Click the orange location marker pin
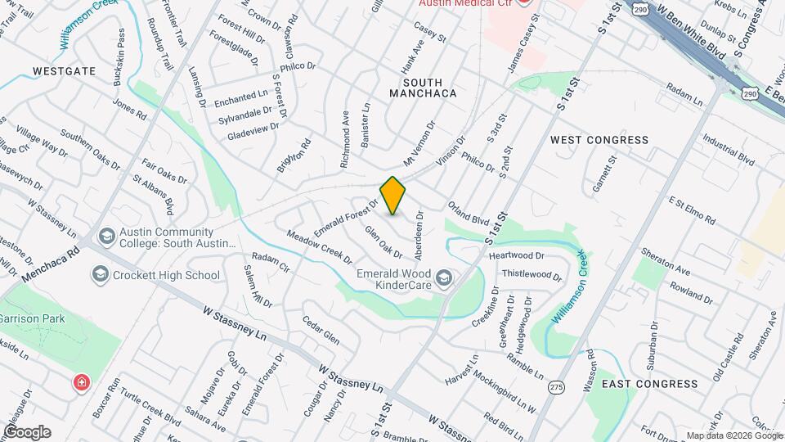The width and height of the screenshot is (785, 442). point(393,195)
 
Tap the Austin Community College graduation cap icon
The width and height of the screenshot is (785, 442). point(105,237)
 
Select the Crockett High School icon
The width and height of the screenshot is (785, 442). point(101,273)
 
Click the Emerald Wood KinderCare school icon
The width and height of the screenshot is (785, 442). point(443,279)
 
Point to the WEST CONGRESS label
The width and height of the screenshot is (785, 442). point(599,140)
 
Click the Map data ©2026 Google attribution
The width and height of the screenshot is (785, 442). point(733,435)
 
